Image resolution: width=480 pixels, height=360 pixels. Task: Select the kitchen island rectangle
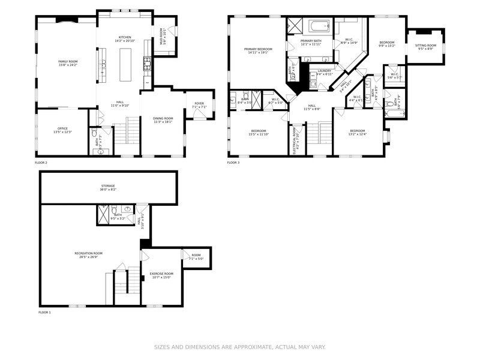126,62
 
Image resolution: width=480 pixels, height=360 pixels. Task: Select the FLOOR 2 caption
41,163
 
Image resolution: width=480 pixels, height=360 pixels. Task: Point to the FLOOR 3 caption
233,163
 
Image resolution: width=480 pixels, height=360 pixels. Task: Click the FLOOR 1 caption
44,313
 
